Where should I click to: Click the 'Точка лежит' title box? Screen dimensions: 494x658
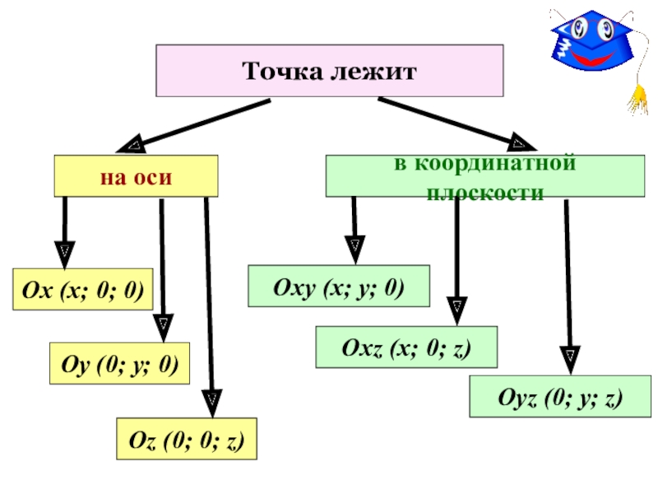[329, 71]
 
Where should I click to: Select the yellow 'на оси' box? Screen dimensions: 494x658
[136, 176]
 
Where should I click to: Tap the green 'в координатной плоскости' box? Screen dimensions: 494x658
[484, 176]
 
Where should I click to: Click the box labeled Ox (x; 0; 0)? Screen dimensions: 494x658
[82, 289]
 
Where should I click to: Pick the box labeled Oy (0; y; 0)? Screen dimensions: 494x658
[120, 364]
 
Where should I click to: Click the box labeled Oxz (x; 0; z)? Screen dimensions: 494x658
[406, 347]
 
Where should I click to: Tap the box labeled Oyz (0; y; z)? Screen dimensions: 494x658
[559, 397]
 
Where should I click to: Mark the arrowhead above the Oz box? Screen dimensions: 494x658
[212, 401]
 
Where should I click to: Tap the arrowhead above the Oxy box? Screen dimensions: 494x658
[354, 245]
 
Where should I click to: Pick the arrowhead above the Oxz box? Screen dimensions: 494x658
[456, 308]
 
